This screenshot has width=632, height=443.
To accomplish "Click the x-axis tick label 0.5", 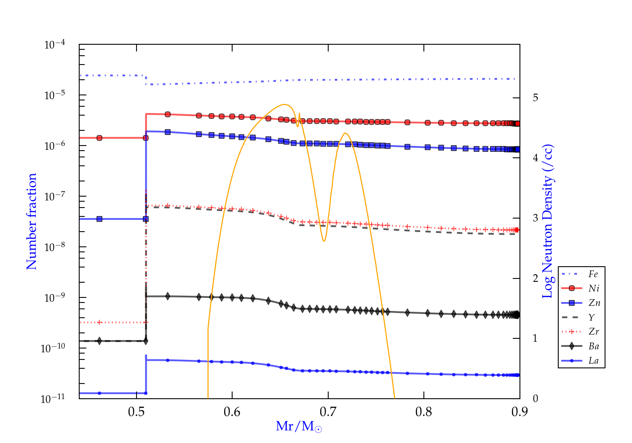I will [137, 412].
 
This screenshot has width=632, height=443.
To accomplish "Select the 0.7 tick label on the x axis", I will [328, 412].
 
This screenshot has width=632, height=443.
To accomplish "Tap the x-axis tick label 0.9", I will [520, 412].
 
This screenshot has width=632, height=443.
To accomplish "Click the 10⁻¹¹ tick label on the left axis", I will [53, 398].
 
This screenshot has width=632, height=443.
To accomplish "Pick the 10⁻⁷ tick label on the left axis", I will [55, 196].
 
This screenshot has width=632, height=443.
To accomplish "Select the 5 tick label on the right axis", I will [536, 97].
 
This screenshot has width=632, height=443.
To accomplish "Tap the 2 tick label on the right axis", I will [536, 278].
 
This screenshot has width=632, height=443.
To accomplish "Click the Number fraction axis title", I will [32, 221].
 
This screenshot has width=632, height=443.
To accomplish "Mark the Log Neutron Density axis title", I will [548, 221].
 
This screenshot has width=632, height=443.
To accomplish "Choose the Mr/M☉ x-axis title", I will [299, 427].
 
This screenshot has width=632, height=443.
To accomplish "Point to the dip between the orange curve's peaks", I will [324, 241].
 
